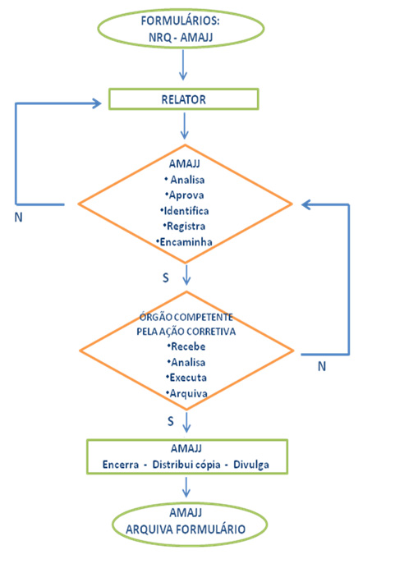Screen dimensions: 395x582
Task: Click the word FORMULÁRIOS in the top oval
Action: click(x=180, y=21)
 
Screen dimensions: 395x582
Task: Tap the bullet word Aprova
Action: click(x=186, y=195)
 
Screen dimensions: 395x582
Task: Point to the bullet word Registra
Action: click(x=186, y=226)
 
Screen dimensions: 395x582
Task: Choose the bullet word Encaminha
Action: click(x=186, y=242)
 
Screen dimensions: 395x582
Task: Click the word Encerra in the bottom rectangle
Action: click(x=121, y=465)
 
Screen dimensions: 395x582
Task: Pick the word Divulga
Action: click(x=251, y=465)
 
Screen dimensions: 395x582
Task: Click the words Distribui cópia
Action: click(x=186, y=465)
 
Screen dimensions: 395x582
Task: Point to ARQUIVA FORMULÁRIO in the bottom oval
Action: click(x=186, y=529)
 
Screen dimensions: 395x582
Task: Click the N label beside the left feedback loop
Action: click(x=18, y=218)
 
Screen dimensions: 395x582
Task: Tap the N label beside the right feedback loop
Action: click(x=322, y=366)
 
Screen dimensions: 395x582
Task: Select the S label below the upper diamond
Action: click(x=166, y=277)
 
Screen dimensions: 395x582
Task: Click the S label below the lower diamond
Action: click(x=170, y=421)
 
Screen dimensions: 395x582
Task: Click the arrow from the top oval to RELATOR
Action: click(x=183, y=65)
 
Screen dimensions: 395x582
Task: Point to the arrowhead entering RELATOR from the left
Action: click(x=97, y=103)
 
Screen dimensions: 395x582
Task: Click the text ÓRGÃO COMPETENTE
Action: click(x=186, y=317)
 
